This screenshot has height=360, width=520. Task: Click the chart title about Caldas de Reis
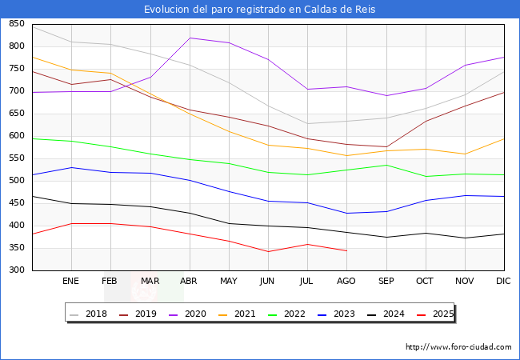pos(260,10)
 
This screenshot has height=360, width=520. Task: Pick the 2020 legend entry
pos(194,314)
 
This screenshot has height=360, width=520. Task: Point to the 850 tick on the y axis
pos(16,24)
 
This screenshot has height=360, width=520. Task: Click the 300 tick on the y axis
pos(16,270)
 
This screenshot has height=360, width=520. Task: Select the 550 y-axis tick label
pos(16,158)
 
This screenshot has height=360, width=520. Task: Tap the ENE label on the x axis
pos(71,282)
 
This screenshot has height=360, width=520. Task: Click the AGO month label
pos(346,282)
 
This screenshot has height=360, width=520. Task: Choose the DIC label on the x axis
pos(503,282)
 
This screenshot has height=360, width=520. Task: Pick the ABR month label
pos(189,282)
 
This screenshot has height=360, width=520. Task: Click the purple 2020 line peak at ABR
pos(190,38)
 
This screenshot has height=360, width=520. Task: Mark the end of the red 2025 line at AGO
pos(346,251)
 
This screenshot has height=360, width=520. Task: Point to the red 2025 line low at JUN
pos(268,252)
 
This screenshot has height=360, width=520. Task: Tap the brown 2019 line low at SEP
pos(386,147)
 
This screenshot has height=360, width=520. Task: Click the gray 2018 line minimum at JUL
pos(307,124)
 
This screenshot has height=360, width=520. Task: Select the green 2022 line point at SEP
pos(386,165)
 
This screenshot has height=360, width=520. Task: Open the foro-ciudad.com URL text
pos(458,347)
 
